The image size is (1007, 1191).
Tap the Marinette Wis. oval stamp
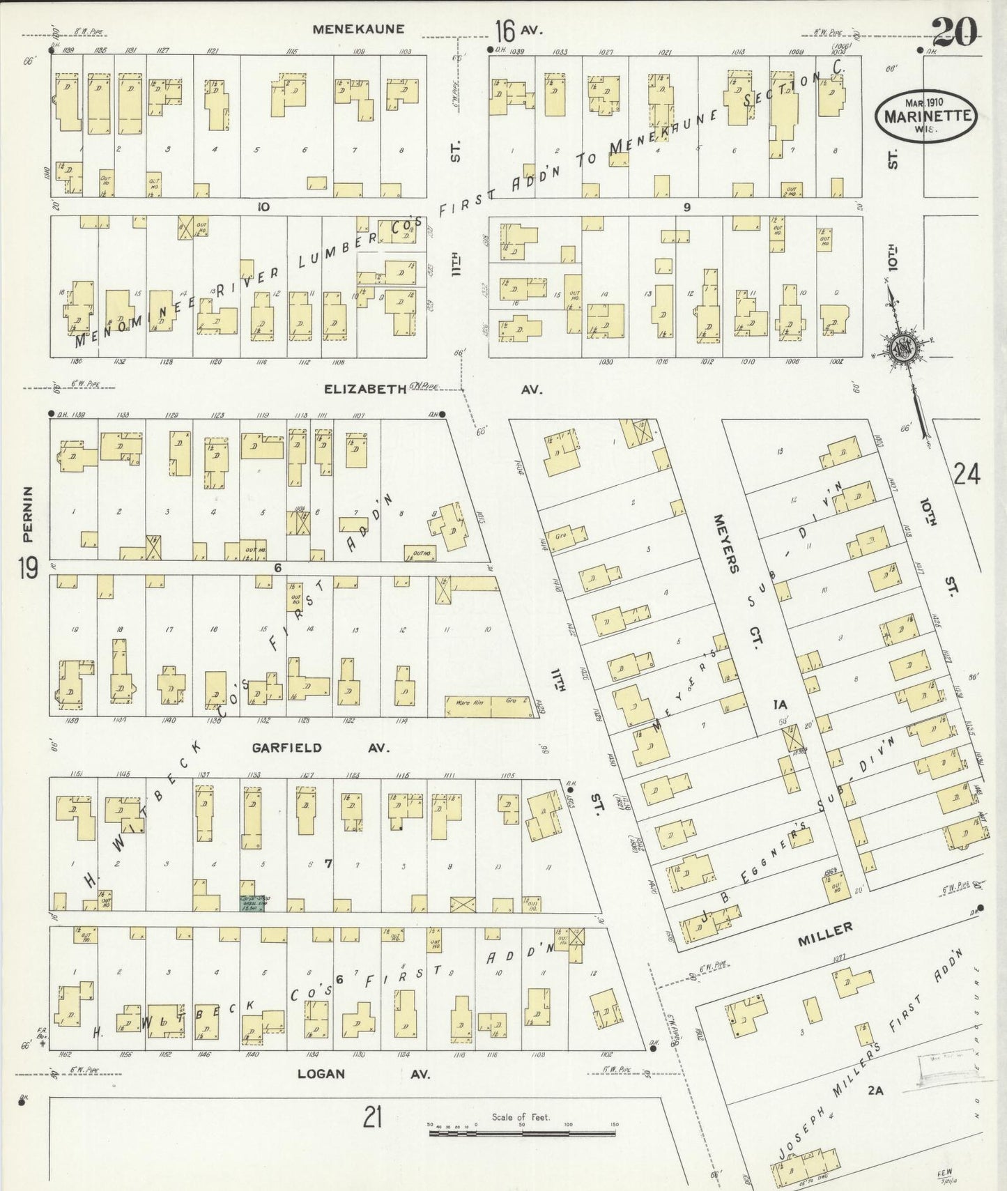tap(926, 116)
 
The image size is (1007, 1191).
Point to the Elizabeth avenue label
tap(364, 389)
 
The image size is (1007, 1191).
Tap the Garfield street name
tap(286, 748)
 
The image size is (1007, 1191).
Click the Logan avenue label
tap(321, 1073)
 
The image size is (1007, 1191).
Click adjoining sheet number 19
tap(28, 569)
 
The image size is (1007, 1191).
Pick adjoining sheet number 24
tap(967, 475)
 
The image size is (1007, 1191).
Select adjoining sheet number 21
tap(373, 1117)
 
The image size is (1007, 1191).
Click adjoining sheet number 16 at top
tap(505, 31)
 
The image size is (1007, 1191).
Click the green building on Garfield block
tap(254, 903)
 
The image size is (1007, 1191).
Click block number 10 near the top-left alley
tap(263, 206)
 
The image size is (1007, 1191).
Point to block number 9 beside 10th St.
tap(686, 207)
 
